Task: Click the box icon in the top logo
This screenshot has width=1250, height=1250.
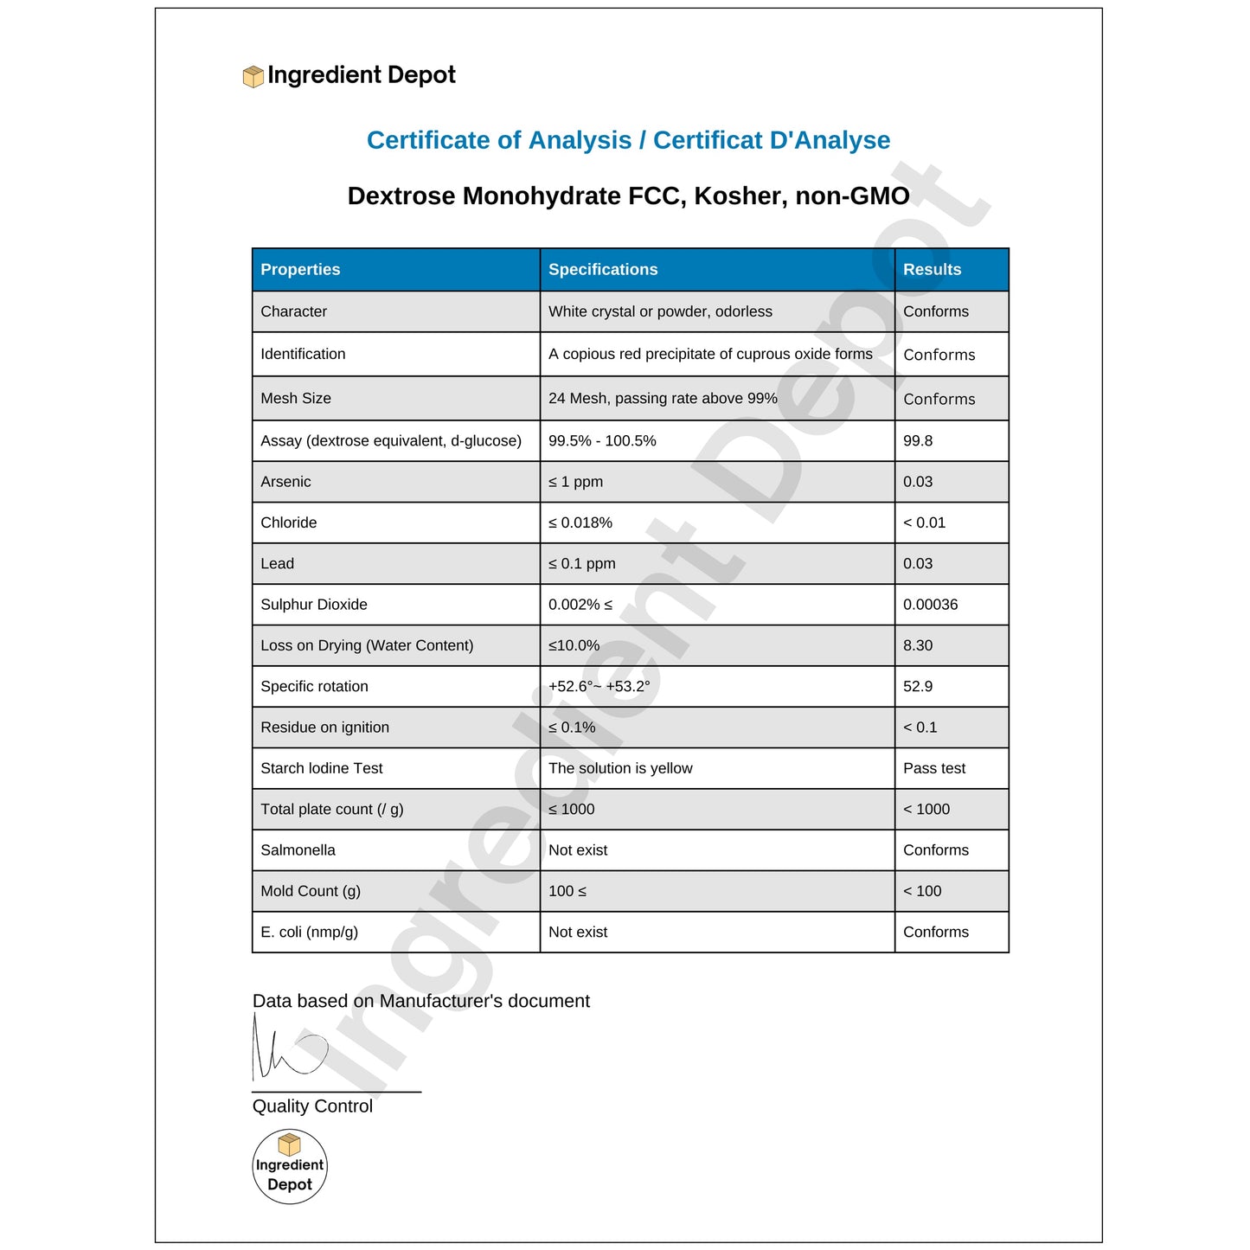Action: tap(253, 77)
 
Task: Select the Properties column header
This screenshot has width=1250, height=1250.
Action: tap(300, 270)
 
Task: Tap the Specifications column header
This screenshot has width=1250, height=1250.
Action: tap(603, 270)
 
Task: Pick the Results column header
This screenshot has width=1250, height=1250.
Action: tap(932, 270)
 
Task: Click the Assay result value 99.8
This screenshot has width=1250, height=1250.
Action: tap(918, 441)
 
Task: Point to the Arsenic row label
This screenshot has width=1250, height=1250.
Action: tap(285, 482)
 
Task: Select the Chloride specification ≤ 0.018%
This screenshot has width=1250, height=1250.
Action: tap(580, 522)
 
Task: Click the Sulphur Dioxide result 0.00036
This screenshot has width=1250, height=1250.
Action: tap(930, 605)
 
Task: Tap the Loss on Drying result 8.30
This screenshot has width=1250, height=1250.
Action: tap(918, 645)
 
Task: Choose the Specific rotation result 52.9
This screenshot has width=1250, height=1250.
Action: tap(918, 687)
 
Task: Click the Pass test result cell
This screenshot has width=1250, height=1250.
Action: tap(934, 768)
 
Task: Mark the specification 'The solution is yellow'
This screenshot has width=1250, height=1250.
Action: tap(620, 768)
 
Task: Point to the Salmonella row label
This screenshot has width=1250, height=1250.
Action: tap(298, 850)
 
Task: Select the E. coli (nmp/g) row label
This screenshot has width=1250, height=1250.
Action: tap(309, 933)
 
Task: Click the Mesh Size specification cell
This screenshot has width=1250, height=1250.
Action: tap(663, 399)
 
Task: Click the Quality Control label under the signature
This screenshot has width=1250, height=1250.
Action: tap(312, 1106)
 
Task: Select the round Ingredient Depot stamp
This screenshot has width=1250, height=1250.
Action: tap(290, 1167)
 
